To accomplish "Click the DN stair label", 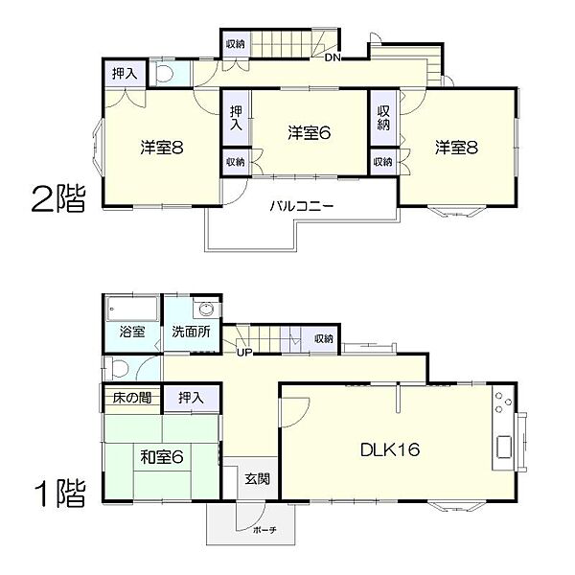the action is tap(333, 57).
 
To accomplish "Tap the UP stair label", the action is tap(244, 353).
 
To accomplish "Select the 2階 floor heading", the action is tap(58, 198).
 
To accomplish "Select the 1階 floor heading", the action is tap(60, 493).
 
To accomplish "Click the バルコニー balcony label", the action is tap(302, 206).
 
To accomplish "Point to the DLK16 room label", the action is tap(390, 449).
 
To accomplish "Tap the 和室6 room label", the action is tap(162, 457).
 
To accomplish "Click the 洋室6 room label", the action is tap(310, 133).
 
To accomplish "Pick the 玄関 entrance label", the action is tap(258, 478).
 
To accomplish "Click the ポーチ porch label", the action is tap(264, 530).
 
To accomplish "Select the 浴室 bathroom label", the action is tap(132, 332).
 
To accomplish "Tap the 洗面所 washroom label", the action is tap(191, 332).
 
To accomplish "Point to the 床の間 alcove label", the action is tap(132, 398).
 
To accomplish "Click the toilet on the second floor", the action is tap(164, 73).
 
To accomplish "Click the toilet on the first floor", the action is tap(117, 368).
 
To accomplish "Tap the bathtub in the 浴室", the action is tap(132, 309).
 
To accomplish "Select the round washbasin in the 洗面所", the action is tap(206, 309).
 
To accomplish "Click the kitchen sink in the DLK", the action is tap(504, 447).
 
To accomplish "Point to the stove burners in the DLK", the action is tap(503, 402).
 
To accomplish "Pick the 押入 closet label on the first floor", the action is tap(191, 398).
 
